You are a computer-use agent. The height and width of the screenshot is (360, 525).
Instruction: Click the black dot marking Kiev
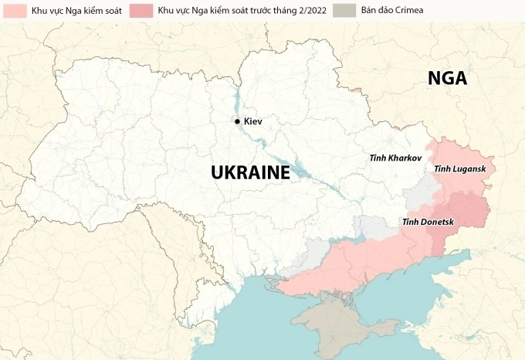tap(237, 121)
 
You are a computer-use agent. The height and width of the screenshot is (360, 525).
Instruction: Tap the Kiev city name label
tap(253, 121)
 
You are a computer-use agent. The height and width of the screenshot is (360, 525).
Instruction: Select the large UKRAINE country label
tap(250, 172)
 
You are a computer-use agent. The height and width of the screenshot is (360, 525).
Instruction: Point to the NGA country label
tap(449, 79)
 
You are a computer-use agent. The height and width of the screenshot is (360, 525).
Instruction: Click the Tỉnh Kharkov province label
tap(395, 158)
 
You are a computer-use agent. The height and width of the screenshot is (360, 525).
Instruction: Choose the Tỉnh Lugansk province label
tap(460, 168)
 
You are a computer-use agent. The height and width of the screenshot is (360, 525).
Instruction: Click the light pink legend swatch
tap(13, 11)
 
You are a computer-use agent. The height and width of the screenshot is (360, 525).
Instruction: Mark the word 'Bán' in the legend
tap(369, 11)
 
